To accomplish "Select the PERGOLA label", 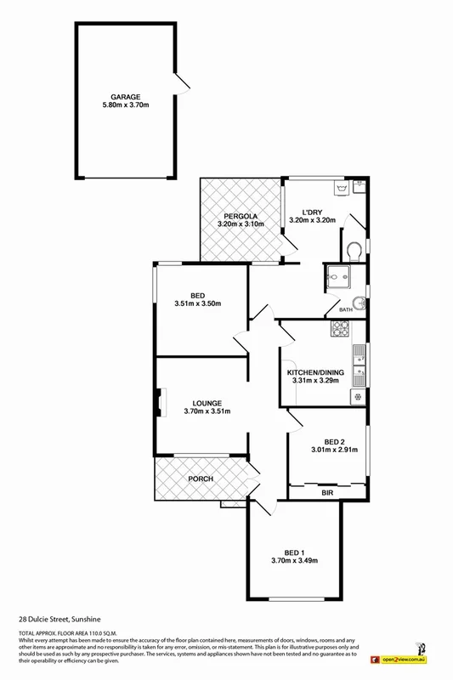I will point(241,216).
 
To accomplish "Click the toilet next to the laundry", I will point(354,248).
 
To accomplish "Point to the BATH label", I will point(346,310).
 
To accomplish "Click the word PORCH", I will point(201,479).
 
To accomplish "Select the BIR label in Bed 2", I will point(326,492).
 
